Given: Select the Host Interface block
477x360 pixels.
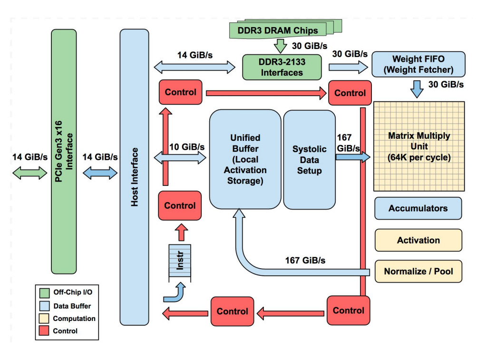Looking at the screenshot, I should coord(134,176).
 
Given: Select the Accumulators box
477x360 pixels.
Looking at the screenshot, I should coord(418,208).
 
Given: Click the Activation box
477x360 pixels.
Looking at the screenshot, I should coord(418,240).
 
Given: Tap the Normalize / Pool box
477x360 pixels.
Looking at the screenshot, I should coord(418,272).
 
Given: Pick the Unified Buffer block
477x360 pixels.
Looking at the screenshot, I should coord(245,159).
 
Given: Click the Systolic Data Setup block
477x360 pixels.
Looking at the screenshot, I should coord(309,159).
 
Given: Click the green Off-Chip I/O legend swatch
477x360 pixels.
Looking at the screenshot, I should coord(45,292).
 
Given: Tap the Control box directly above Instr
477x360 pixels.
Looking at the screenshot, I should coord(180,205).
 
